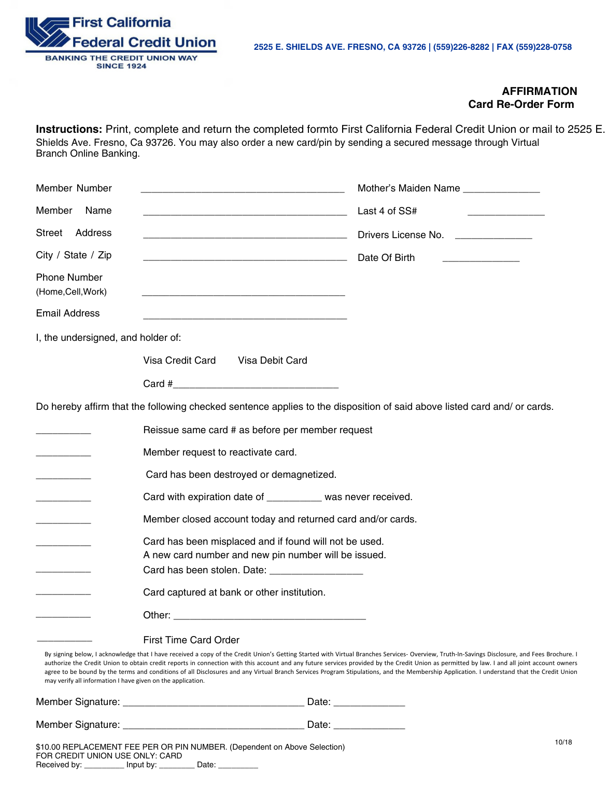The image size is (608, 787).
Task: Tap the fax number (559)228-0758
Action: click(x=544, y=47)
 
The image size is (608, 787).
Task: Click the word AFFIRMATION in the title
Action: click(x=539, y=91)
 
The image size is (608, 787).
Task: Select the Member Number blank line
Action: click(x=242, y=190)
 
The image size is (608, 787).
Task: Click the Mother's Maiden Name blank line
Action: click(x=501, y=190)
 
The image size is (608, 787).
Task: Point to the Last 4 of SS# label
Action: click(x=387, y=211)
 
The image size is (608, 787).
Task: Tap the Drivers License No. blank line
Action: click(x=493, y=237)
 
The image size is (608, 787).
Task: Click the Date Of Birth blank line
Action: click(x=481, y=259)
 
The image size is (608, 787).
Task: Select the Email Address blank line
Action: click(x=245, y=316)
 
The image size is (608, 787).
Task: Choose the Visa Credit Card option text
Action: click(x=179, y=361)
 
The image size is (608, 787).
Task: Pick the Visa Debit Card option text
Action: click(x=273, y=361)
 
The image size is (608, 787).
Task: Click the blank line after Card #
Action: click(x=256, y=385)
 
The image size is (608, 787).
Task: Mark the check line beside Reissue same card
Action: click(x=63, y=432)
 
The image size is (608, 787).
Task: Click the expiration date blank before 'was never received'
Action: click(x=294, y=499)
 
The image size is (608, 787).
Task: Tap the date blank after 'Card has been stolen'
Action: click(x=316, y=572)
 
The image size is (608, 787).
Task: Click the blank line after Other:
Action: click(x=270, y=617)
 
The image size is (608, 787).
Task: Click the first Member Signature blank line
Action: click(x=213, y=703)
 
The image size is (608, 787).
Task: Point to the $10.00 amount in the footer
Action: click(x=48, y=747)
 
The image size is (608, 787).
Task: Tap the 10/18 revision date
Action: click(x=563, y=742)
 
